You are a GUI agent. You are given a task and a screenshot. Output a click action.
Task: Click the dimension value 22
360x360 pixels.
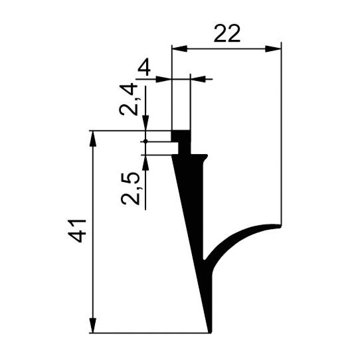point(227,33)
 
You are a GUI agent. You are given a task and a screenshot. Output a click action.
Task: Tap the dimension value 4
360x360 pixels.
point(144,68)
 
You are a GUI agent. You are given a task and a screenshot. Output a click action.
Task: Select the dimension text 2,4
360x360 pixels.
point(129,100)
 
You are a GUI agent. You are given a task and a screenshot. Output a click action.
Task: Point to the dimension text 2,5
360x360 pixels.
point(130,189)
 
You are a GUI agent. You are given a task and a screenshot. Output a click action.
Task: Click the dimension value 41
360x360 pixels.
point(77,231)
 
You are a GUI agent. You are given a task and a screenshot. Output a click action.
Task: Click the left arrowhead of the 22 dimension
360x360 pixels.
point(180,48)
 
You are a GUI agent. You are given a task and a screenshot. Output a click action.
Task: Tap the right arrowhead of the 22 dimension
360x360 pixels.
point(273,48)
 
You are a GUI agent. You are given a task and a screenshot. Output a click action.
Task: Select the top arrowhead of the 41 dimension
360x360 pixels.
point(92,138)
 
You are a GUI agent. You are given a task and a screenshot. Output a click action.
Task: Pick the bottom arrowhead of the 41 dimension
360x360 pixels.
point(92,325)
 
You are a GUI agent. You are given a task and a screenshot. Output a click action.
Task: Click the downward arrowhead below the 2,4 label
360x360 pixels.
point(145,123)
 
